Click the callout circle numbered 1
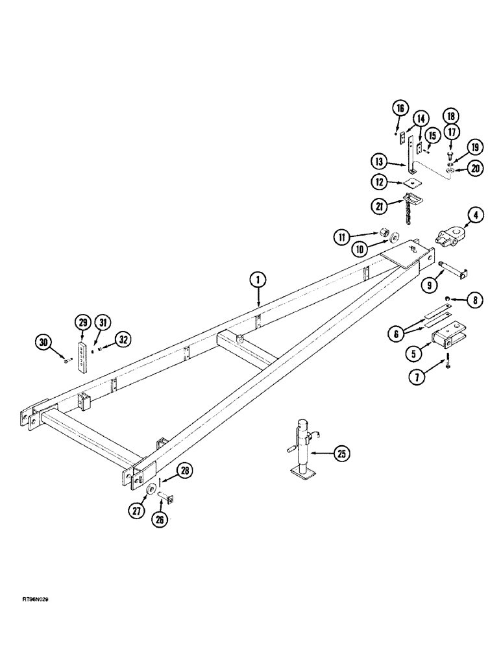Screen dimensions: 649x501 tap(258, 280)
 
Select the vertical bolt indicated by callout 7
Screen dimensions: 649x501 tap(446, 365)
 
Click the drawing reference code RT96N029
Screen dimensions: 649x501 tap(31, 617)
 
